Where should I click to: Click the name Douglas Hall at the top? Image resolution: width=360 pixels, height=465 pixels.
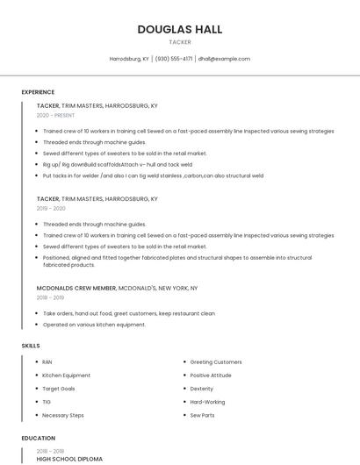[x=180, y=29]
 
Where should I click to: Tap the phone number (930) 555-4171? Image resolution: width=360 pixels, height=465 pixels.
[x=174, y=59]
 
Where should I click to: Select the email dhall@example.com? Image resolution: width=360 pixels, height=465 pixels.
[x=224, y=59]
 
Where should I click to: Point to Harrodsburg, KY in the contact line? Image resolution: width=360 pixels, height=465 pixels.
[x=129, y=59]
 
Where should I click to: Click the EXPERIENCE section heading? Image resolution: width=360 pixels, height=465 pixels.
[x=38, y=92]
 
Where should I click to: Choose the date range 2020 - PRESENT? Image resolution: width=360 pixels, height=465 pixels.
[x=55, y=115]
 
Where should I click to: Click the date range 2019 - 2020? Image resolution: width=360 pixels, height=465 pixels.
[x=51, y=209]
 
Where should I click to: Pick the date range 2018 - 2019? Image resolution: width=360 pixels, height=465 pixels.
[x=51, y=297]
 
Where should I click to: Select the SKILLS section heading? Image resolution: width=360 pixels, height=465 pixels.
[x=31, y=346]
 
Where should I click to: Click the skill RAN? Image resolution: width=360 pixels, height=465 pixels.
[x=47, y=362]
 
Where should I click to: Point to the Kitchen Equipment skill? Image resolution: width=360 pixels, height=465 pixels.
[x=66, y=376]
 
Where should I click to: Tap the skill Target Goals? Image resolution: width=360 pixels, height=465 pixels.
[x=59, y=389]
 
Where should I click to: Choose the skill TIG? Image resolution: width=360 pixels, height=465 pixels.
[x=47, y=402]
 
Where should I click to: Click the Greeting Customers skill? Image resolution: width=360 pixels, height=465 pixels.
[x=216, y=362]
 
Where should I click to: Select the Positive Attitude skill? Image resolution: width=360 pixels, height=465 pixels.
[x=211, y=376]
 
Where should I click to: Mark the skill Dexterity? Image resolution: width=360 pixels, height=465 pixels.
[x=202, y=389]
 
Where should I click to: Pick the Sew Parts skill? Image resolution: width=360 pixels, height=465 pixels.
[x=203, y=415]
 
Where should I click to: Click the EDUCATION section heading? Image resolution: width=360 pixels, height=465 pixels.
[x=38, y=438]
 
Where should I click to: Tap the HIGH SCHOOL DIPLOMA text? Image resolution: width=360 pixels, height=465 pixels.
[x=69, y=459]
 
